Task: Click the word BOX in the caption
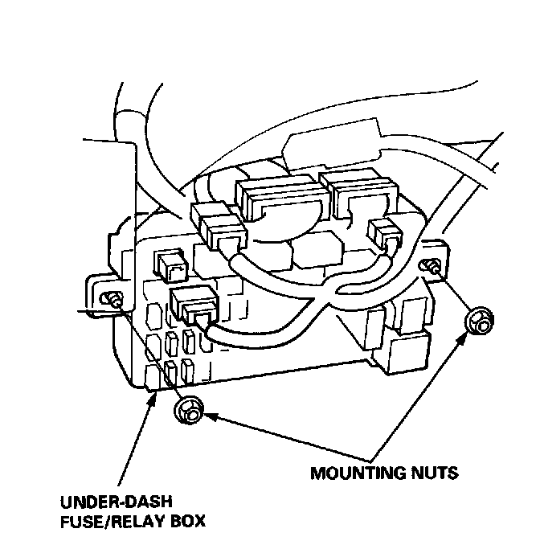click(x=187, y=521)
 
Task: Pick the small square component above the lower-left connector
click(x=167, y=262)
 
